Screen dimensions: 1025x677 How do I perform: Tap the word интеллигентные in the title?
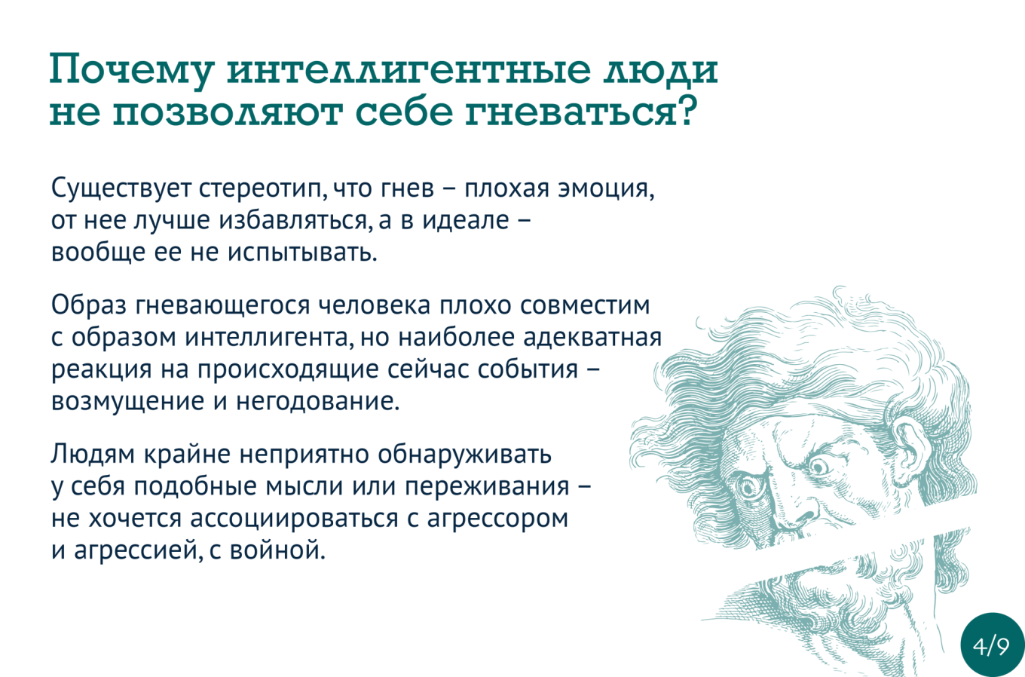(x=408, y=70)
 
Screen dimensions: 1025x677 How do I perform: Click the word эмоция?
(x=605, y=189)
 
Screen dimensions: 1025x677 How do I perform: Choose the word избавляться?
(x=294, y=221)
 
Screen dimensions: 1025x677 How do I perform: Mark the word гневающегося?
(x=222, y=306)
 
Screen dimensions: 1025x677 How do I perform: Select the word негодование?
(x=317, y=401)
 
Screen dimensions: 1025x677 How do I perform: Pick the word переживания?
(x=487, y=487)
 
